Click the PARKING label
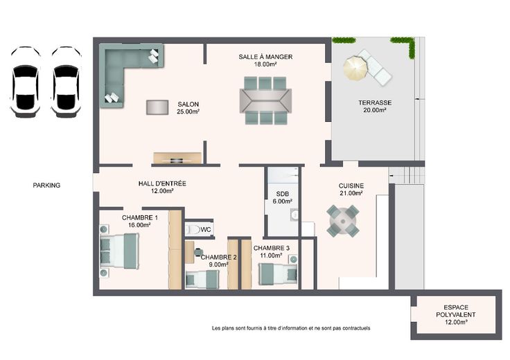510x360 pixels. coord(46,186)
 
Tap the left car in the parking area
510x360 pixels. coord(26,82)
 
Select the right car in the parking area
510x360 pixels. coord(66,82)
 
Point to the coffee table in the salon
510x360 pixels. coord(157,107)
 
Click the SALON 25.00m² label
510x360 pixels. coord(188,108)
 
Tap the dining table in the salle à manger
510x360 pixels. coord(265,100)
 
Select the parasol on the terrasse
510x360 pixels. coord(355,68)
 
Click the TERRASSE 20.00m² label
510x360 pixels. coord(375,106)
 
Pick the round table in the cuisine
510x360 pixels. coord(343,222)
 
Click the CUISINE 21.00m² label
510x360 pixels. coord(351,190)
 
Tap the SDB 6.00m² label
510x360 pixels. coord(282,197)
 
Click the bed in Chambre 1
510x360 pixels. coord(119,251)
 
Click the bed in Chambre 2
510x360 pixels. coord(202,280)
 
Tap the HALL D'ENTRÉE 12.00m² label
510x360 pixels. coord(162,187)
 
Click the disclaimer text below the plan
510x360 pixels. coord(291,328)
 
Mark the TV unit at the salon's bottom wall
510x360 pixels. coord(177,158)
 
